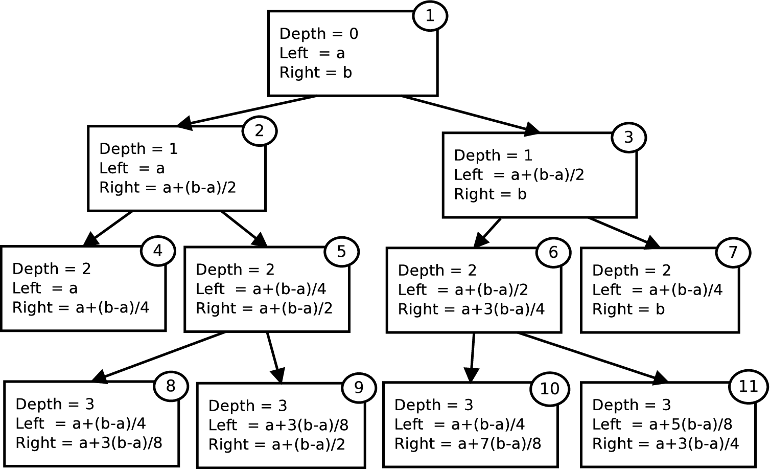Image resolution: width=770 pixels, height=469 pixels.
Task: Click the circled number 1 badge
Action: [x=430, y=16]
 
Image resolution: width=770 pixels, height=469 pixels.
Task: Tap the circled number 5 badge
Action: [x=341, y=252]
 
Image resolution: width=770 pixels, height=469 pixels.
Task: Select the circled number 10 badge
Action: [x=550, y=389]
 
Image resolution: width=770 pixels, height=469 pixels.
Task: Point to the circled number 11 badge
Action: [x=749, y=387]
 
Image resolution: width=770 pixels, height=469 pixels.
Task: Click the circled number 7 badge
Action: [x=733, y=252]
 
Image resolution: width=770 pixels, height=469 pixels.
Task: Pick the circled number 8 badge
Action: [x=171, y=386]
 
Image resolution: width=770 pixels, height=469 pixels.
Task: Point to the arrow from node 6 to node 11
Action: [x=593, y=358]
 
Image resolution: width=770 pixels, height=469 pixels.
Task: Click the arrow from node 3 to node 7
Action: [x=624, y=233]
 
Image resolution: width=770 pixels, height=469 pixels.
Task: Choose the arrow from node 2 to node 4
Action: [x=108, y=229]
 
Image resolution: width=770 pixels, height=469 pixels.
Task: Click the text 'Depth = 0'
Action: [x=319, y=34]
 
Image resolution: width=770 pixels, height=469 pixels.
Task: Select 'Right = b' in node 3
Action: [x=490, y=194]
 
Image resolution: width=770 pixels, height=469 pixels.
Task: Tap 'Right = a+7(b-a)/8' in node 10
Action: [x=468, y=443]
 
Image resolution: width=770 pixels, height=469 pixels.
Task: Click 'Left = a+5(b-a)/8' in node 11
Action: [x=662, y=425]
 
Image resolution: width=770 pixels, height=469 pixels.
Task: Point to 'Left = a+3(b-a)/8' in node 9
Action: [x=278, y=426]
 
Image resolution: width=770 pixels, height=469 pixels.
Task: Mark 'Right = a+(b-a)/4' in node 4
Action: [x=81, y=307]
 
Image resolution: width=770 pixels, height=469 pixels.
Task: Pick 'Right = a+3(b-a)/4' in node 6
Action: [x=471, y=309]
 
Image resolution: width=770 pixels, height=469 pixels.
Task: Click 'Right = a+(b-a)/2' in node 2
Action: [x=168, y=188]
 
